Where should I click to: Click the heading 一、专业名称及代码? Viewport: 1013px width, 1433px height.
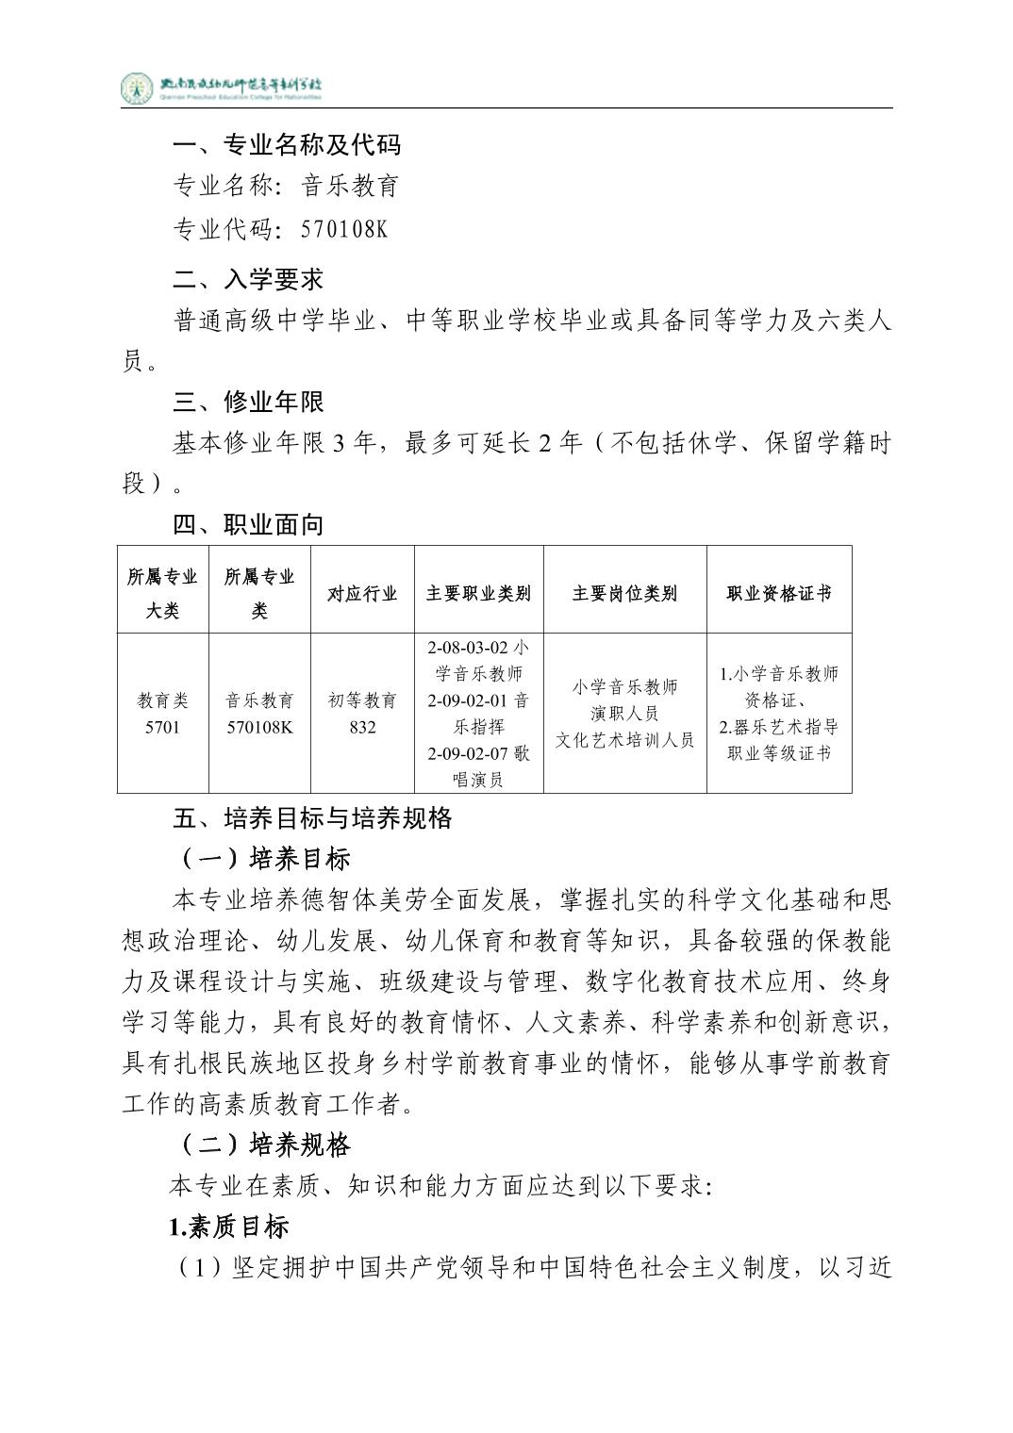point(287,144)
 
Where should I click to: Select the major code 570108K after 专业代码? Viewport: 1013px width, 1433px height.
point(344,229)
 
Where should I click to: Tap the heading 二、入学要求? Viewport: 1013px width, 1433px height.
point(248,279)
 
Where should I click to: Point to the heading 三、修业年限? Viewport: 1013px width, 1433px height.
point(248,402)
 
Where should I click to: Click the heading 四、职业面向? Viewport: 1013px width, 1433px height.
point(248,524)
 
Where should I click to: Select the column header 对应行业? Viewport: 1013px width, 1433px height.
point(362,593)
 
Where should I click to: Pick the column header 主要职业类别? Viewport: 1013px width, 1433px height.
point(478,593)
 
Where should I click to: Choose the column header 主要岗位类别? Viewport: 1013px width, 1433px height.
point(624,593)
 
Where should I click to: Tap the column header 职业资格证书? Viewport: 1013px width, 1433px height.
point(779,593)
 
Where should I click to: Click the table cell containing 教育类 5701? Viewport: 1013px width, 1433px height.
point(162,714)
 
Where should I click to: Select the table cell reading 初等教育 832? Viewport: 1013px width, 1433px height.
point(362,714)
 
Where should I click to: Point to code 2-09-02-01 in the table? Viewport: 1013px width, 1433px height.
point(466,700)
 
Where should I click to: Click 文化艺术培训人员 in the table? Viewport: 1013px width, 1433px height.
point(624,740)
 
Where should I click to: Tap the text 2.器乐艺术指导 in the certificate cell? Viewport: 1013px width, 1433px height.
point(778,727)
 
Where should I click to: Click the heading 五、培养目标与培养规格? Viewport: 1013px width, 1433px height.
point(312,817)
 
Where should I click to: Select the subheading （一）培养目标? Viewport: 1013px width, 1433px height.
point(265,858)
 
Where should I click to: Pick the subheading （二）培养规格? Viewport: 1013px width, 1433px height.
point(265,1145)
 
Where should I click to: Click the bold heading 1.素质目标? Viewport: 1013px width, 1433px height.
point(229,1227)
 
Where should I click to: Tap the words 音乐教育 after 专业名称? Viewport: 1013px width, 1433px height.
point(350,186)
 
